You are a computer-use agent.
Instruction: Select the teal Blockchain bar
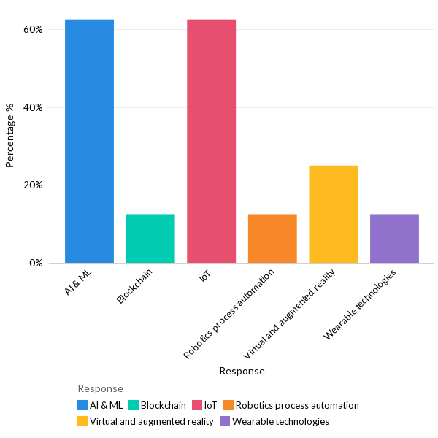click(150, 238)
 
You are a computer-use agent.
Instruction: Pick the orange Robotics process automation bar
click(272, 238)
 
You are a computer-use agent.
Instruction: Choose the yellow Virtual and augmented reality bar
click(333, 214)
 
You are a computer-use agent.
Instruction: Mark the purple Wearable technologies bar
click(394, 238)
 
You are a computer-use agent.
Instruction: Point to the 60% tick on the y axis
click(34, 29)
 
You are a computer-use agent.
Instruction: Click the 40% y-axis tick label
click(34, 107)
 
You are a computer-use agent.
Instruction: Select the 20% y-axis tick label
click(34, 185)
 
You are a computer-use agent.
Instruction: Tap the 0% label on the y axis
click(36, 263)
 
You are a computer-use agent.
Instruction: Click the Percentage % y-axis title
click(10, 136)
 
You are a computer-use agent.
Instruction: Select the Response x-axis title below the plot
click(242, 371)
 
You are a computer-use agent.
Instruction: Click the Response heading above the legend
click(100, 388)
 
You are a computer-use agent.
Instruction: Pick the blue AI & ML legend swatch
click(83, 405)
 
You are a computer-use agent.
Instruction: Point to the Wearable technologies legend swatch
click(225, 421)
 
